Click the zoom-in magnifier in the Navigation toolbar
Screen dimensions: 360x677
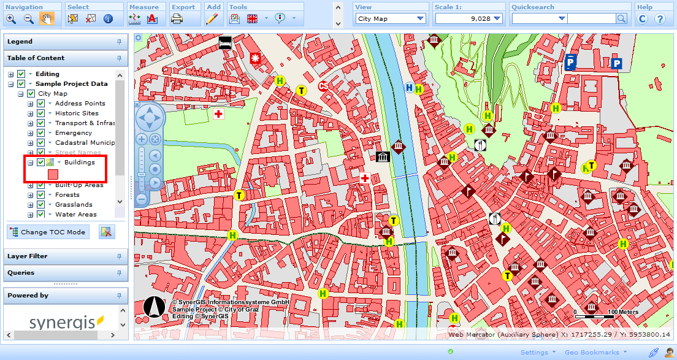click(x=11, y=19)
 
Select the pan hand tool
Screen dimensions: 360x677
click(x=47, y=19)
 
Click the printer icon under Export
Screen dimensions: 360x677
click(x=177, y=19)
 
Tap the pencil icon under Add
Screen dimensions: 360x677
click(x=212, y=19)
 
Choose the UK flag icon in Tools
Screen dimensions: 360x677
click(x=252, y=19)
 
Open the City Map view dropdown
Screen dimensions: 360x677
click(x=391, y=19)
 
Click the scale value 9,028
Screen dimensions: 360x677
click(x=469, y=19)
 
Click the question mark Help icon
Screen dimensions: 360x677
click(x=660, y=19)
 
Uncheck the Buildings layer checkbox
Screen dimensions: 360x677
click(x=40, y=163)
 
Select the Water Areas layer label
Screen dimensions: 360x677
click(x=75, y=215)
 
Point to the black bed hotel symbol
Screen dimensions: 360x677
click(x=225, y=43)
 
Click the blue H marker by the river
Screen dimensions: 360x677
click(x=409, y=88)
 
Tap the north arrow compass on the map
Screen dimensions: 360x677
click(x=154, y=307)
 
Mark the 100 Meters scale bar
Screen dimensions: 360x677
click(x=594, y=313)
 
